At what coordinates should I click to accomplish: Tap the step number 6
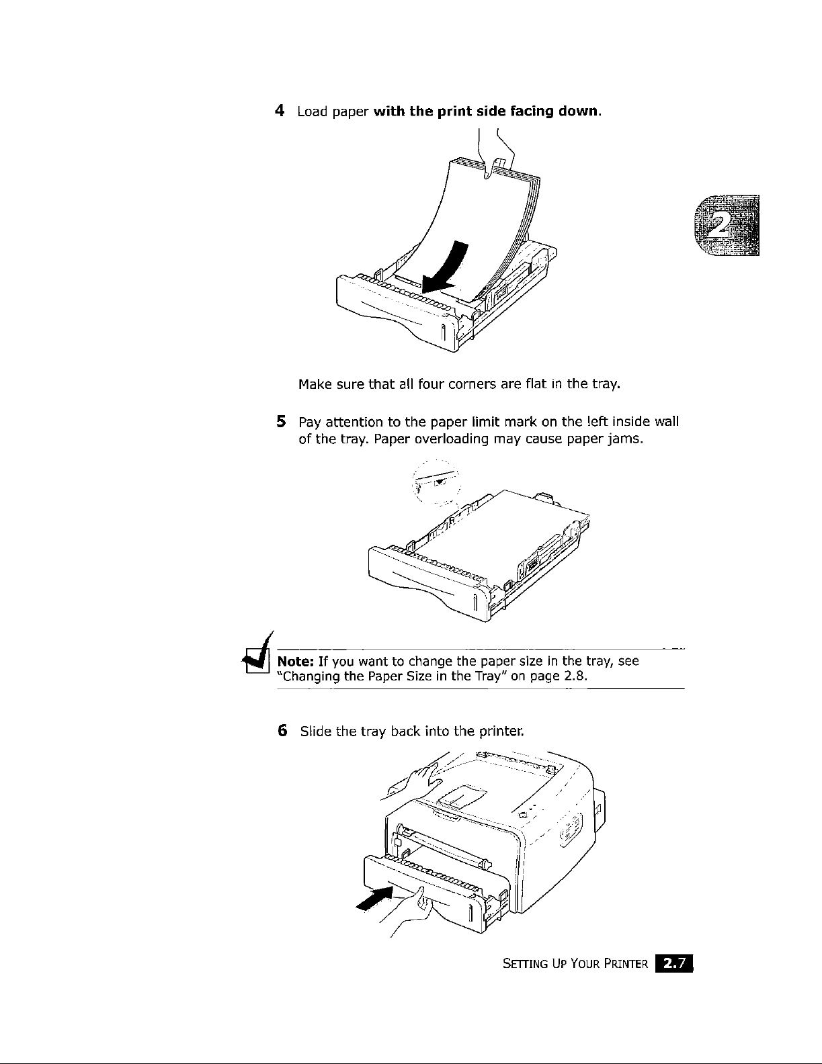click(x=282, y=730)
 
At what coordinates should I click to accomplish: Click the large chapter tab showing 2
click(x=727, y=226)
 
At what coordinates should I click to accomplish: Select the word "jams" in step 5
click(x=621, y=440)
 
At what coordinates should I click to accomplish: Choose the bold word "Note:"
click(x=294, y=662)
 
